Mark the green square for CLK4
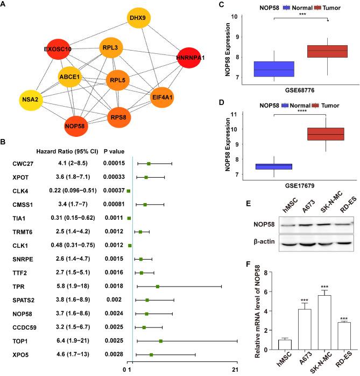coord(129,191)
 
